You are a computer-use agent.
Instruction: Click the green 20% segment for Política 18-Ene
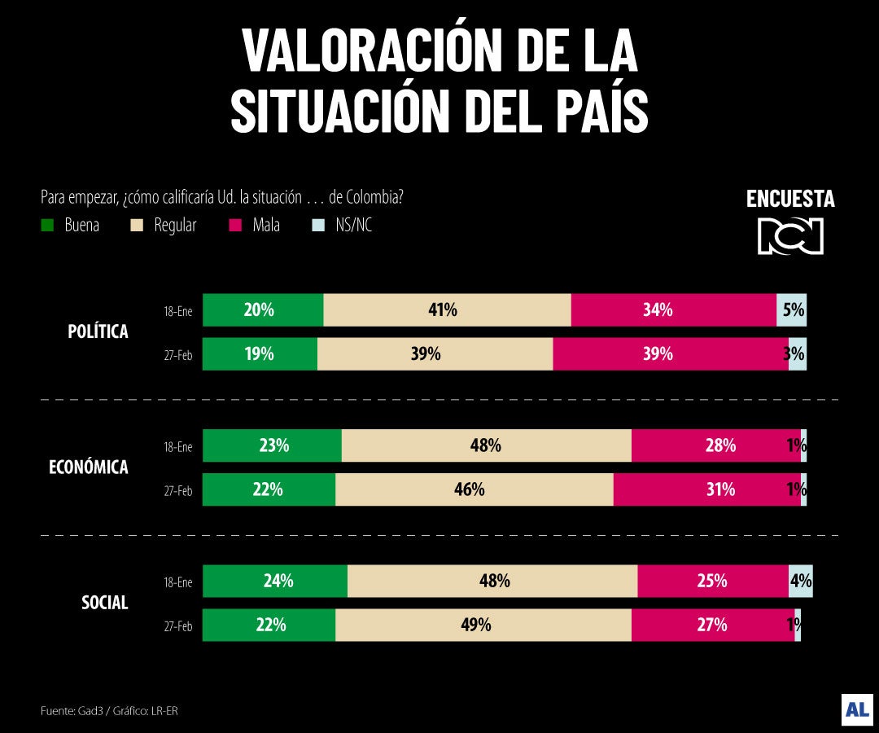263,310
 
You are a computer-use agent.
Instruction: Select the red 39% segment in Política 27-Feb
671,354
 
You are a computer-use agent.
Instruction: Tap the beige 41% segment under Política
447,310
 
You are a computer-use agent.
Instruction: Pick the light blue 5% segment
792,310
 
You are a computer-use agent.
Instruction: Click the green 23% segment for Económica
272,446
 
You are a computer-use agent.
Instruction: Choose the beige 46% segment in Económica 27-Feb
474,489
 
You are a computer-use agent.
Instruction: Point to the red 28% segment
715,446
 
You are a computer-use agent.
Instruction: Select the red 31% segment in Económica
706,489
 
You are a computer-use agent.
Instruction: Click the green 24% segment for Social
275,581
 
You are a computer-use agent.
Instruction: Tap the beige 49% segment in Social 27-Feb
483,625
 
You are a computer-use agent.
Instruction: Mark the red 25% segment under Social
713,581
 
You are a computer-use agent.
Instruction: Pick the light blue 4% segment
801,581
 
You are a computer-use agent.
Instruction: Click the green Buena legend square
47,226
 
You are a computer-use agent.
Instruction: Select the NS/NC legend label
353,226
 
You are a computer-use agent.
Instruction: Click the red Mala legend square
236,226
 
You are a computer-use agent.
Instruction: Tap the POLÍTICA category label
98,332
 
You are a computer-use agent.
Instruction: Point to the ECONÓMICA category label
89,467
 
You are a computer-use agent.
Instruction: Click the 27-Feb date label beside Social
178,626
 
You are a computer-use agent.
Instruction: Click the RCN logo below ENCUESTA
790,235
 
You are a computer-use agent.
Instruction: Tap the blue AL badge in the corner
857,709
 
